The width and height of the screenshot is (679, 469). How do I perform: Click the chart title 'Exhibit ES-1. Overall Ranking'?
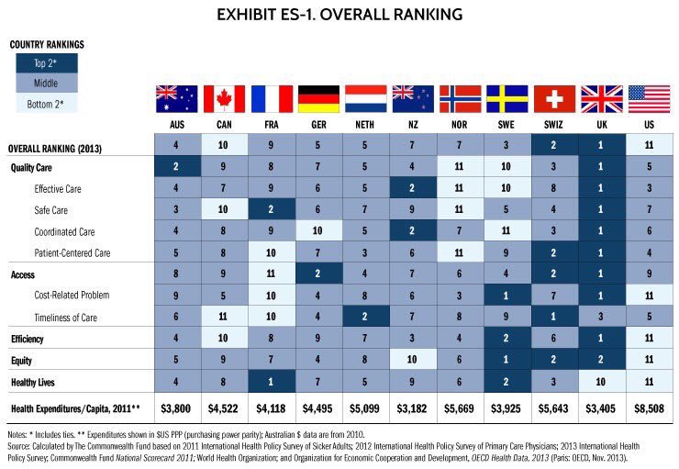click(x=339, y=15)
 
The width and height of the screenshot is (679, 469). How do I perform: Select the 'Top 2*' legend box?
click(x=45, y=62)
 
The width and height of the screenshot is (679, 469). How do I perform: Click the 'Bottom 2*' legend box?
click(x=45, y=103)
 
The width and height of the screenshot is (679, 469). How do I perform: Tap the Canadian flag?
click(x=224, y=99)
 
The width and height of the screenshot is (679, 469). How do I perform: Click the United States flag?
click(x=650, y=99)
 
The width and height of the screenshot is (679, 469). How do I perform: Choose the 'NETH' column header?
click(x=366, y=123)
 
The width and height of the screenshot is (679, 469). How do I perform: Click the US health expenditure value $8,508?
click(x=650, y=408)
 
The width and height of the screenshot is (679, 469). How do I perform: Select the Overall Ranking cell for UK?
click(x=602, y=145)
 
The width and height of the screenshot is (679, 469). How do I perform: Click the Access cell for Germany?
click(x=318, y=274)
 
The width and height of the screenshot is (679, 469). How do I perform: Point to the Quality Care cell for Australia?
click(x=177, y=167)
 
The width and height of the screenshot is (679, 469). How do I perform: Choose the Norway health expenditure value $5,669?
click(x=461, y=408)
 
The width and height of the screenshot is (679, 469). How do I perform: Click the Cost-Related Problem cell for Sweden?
click(x=507, y=295)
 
